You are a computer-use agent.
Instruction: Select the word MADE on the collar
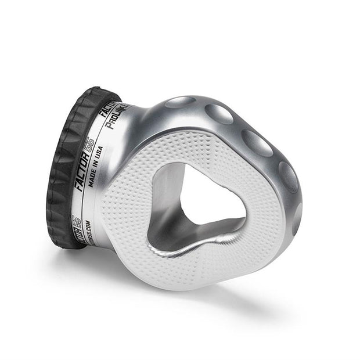(x=92, y=183)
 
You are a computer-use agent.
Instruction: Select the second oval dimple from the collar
(x=219, y=114)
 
